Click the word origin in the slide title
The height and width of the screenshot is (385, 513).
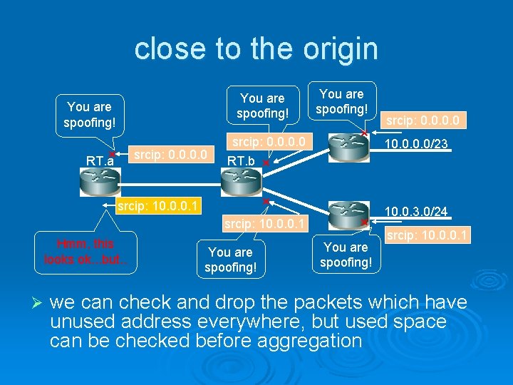338,49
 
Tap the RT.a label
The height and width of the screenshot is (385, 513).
100,160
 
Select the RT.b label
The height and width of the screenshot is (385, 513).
240,161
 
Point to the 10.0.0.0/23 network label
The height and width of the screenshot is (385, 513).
416,145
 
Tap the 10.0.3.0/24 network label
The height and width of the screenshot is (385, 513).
416,211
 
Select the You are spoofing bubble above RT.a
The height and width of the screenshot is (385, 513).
89,114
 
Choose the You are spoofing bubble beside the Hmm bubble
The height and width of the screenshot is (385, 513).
229,260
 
